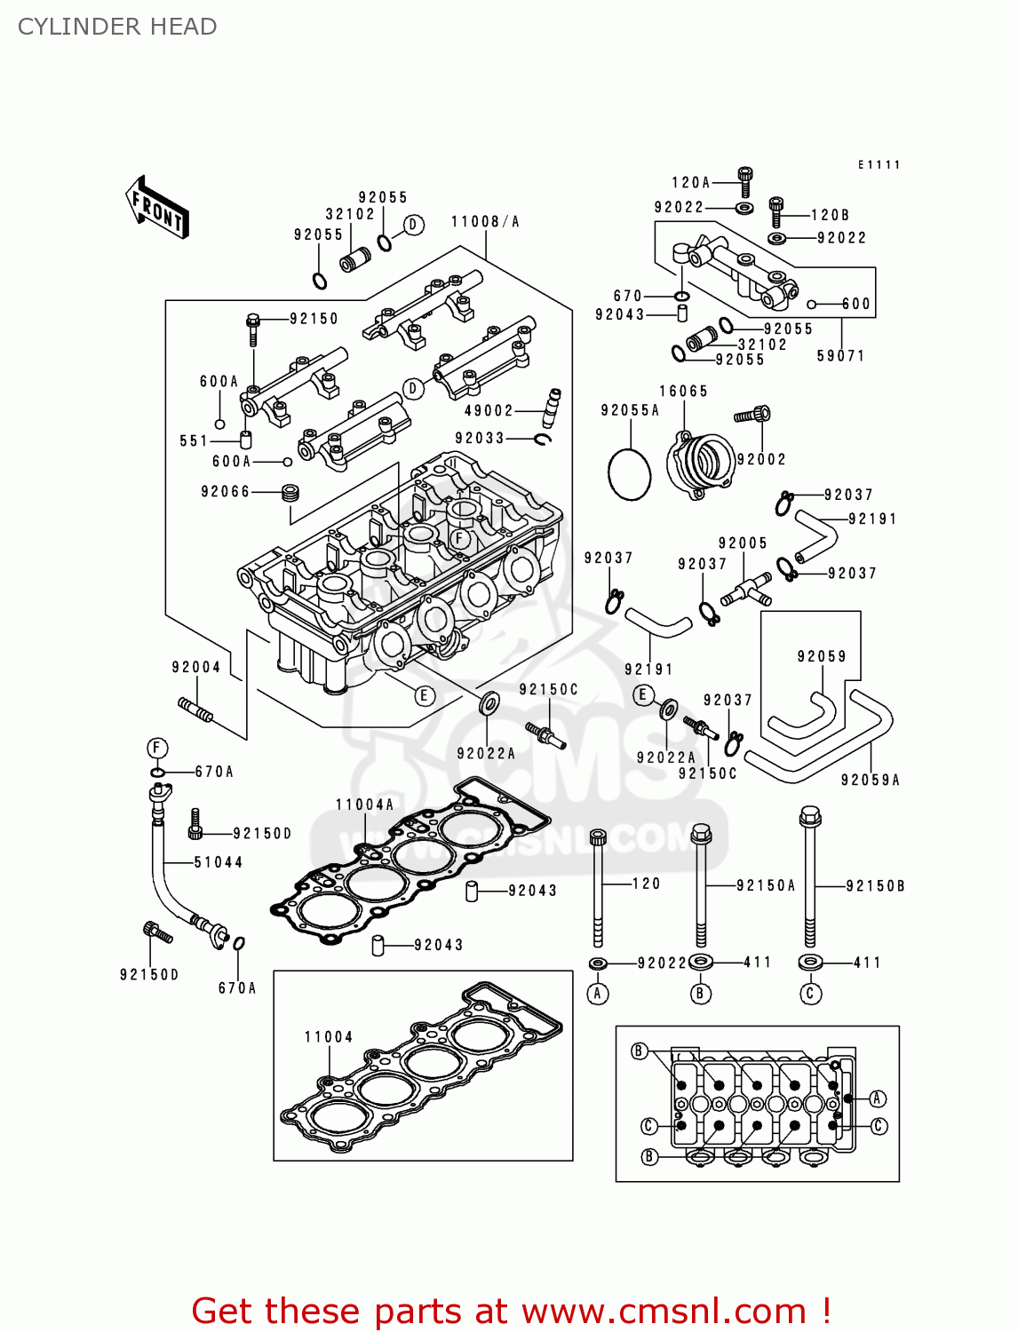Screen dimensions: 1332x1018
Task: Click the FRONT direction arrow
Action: click(157, 208)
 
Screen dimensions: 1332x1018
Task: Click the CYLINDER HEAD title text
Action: click(117, 27)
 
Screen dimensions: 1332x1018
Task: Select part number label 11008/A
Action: click(485, 222)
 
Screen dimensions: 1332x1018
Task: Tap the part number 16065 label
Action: click(683, 392)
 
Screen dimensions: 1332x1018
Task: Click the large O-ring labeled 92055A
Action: click(630, 474)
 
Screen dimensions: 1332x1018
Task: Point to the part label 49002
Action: click(489, 411)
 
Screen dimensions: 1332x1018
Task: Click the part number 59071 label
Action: click(840, 356)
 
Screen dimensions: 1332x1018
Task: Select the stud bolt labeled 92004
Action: click(195, 710)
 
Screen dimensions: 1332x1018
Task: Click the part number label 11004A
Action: click(364, 805)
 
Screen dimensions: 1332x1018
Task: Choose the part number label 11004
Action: click(329, 1037)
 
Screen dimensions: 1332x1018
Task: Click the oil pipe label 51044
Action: click(219, 862)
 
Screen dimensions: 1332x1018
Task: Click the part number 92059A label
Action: click(870, 781)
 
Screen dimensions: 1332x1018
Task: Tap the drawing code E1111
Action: click(879, 165)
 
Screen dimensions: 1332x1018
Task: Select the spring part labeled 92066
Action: click(290, 492)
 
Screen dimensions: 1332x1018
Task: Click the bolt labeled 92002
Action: click(753, 414)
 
